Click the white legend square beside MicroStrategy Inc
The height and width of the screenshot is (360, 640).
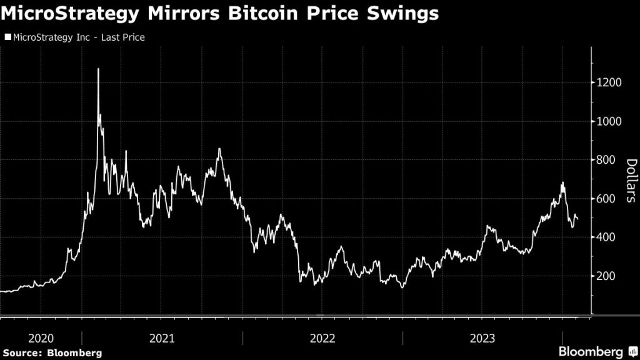pos(7,37)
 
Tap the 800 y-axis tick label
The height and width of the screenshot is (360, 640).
pos(606,160)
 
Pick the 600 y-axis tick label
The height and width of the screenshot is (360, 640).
pos(606,199)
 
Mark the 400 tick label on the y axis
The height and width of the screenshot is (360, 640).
pos(606,237)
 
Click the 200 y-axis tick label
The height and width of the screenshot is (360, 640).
pos(606,276)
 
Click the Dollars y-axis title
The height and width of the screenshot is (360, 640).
pos(631,181)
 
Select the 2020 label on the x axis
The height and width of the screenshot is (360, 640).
pos(41,338)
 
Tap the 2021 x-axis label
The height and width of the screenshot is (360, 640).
pos(162,338)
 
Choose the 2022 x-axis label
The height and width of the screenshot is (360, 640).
pos(322,338)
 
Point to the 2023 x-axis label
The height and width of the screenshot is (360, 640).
pos(482,338)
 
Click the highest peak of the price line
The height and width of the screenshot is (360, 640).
pos(98,69)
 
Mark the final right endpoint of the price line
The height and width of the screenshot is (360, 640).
pos(577,219)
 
